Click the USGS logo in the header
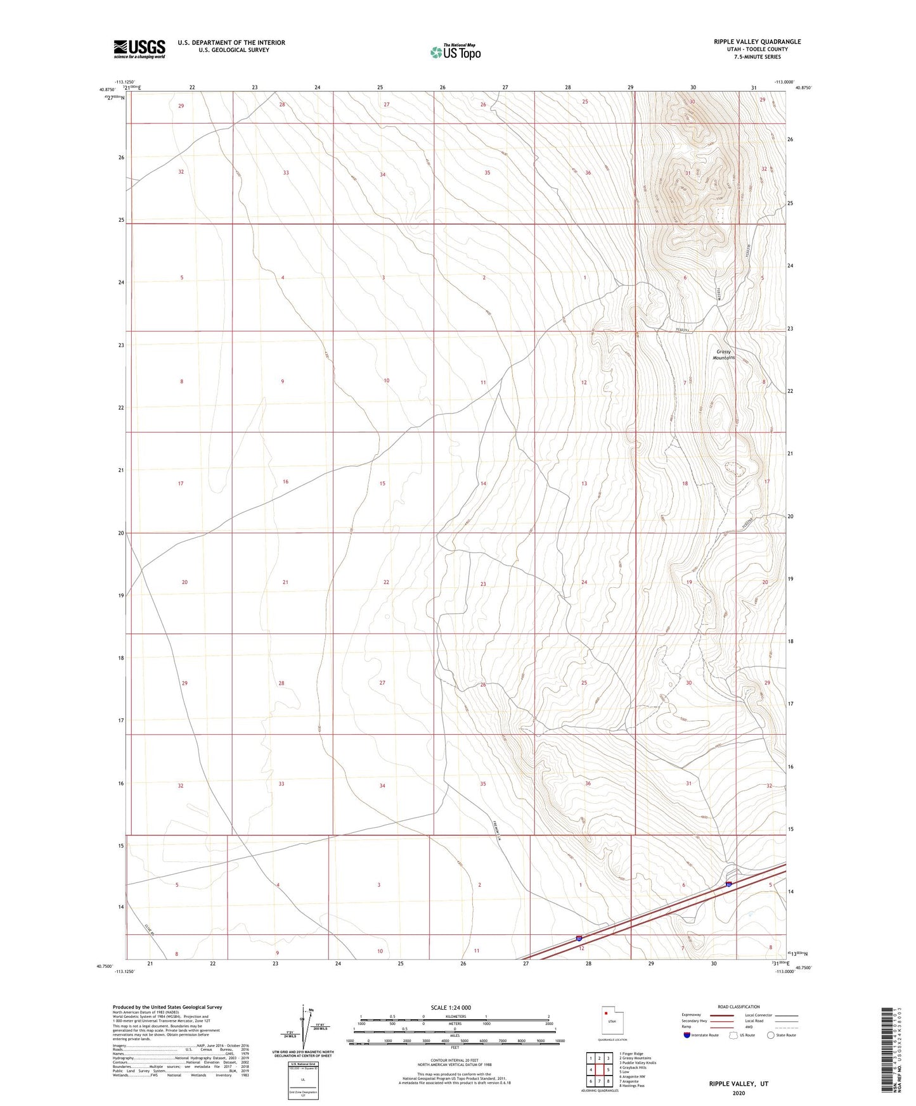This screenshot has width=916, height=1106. [x=139, y=49]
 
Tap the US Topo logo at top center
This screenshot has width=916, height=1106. [x=455, y=52]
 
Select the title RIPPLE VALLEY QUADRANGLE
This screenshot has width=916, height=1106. [x=757, y=42]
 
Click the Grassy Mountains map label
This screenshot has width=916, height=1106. [x=723, y=355]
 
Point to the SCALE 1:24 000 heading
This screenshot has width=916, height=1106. [x=451, y=1007]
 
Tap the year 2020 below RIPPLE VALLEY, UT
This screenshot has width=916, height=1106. [x=739, y=1093]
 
